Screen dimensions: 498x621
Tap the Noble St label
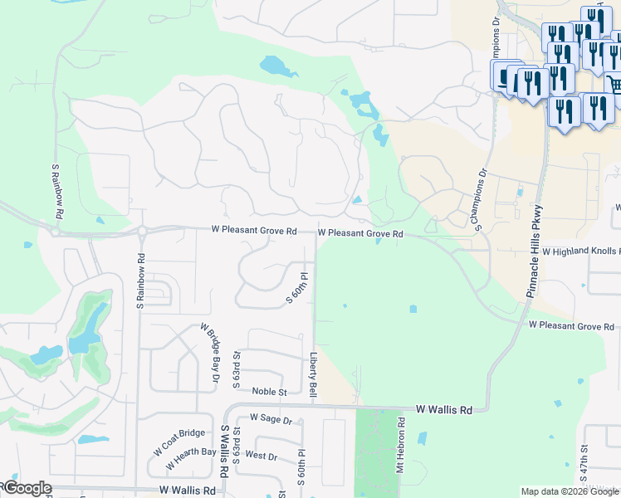(x=269, y=392)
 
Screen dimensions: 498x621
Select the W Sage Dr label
(x=271, y=419)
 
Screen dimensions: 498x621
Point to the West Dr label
(x=261, y=456)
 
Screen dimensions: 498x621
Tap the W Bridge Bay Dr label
(x=209, y=353)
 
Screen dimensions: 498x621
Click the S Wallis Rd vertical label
(x=224, y=452)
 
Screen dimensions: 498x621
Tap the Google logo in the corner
(x=27, y=488)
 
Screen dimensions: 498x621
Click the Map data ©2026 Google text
(x=570, y=491)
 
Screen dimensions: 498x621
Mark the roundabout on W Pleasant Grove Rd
(x=142, y=230)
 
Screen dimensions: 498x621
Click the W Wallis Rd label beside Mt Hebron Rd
(x=444, y=410)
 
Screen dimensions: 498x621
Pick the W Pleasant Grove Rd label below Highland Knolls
(x=571, y=326)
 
